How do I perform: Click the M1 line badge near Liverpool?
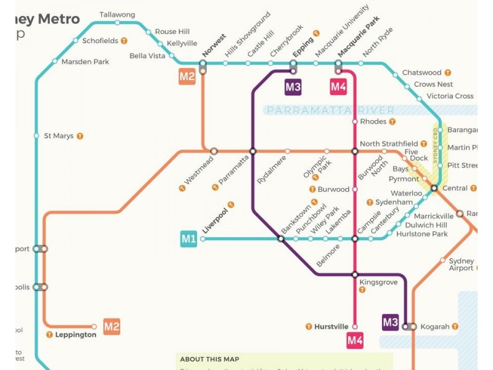(189, 239)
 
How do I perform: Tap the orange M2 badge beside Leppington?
(112, 327)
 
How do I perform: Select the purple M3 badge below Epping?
(293, 87)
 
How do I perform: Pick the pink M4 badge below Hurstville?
(355, 340)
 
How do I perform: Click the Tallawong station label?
(117, 14)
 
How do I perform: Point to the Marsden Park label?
(85, 62)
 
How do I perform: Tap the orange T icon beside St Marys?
(79, 136)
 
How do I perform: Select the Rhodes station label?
(373, 121)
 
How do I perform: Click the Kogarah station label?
(435, 327)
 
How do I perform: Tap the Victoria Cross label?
(450, 96)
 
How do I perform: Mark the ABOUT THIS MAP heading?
(210, 359)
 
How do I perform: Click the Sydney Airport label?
(461, 265)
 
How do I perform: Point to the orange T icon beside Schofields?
(124, 41)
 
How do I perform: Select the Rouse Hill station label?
(172, 31)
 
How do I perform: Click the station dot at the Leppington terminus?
(94, 327)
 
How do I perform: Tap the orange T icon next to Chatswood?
(448, 73)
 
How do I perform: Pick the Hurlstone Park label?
(422, 234)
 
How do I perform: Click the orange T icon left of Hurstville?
(309, 326)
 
